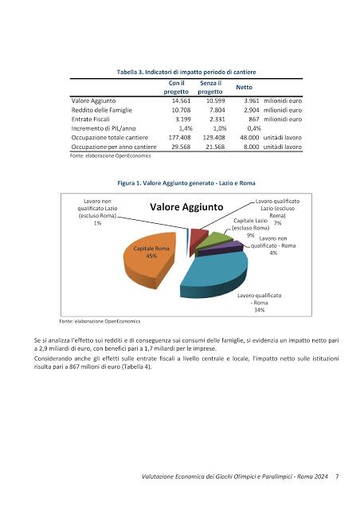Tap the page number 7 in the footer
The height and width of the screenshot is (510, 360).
pos(338,477)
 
